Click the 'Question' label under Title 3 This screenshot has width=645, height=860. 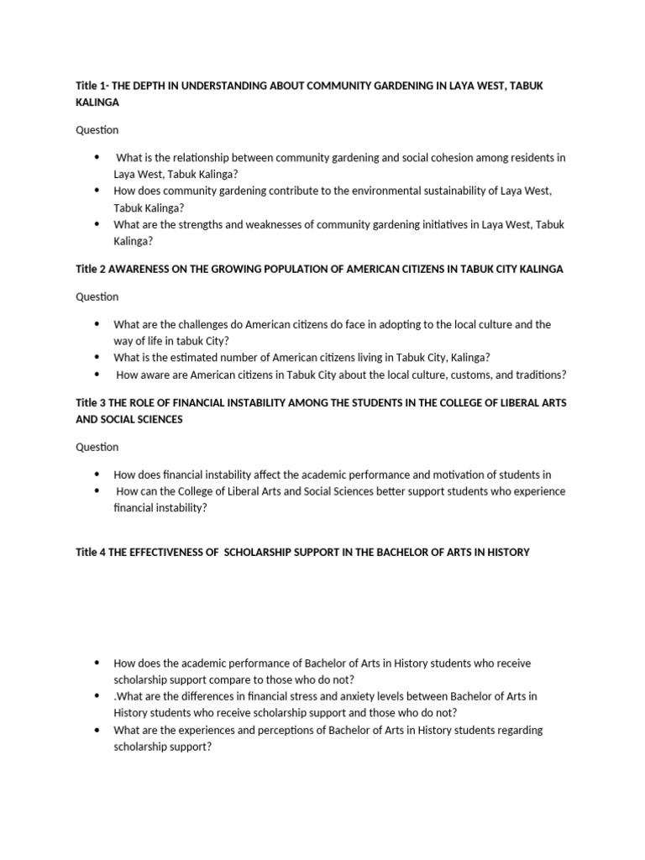97,447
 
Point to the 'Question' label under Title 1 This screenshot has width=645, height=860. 97,130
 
